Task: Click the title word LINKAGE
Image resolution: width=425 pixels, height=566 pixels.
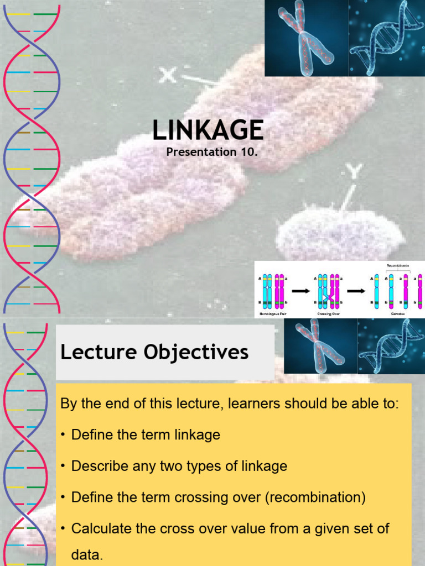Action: pyautogui.click(x=208, y=130)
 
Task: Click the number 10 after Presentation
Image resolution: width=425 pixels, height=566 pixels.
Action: pyautogui.click(x=247, y=152)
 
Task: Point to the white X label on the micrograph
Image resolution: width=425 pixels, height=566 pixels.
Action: pyautogui.click(x=168, y=75)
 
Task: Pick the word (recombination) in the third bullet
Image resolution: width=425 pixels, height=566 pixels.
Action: pyautogui.click(x=315, y=497)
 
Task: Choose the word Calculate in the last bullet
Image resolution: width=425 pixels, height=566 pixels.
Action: pyautogui.click(x=100, y=528)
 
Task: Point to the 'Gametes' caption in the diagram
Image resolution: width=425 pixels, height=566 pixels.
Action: pyautogui.click(x=398, y=314)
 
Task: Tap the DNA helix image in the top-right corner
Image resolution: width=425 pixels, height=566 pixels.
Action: pyautogui.click(x=387, y=38)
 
